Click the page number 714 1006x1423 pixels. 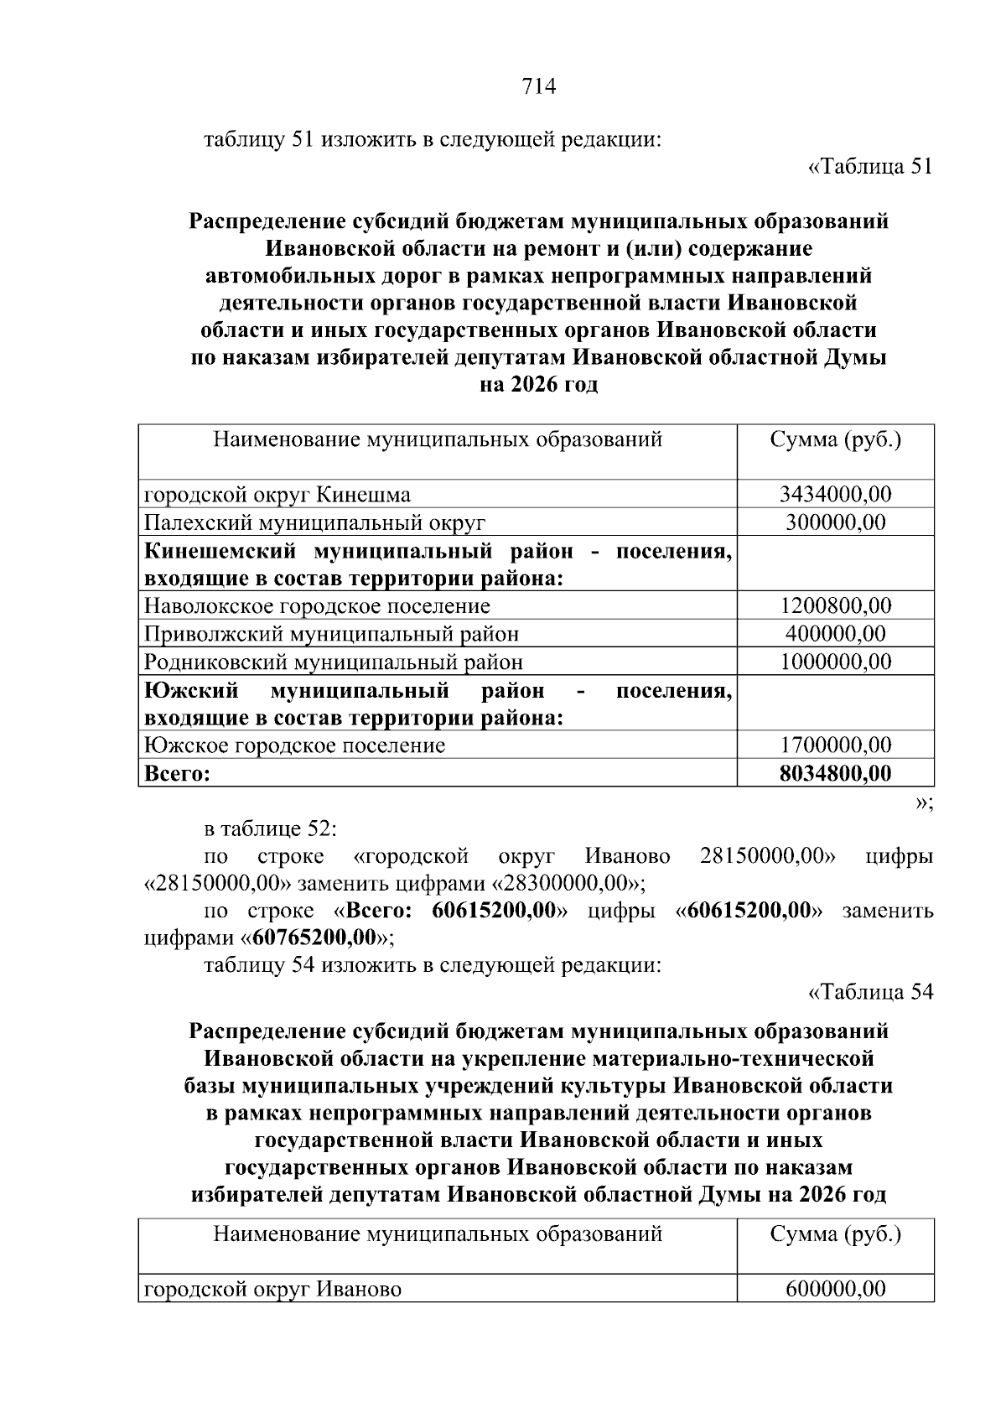(538, 86)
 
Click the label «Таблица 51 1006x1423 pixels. (869, 167)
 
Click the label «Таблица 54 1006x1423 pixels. (869, 993)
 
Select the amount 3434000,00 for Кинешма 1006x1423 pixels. (835, 494)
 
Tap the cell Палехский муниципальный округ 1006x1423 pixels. (315, 522)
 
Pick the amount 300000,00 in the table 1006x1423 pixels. (835, 522)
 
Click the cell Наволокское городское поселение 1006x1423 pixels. (317, 605)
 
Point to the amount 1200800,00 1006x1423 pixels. (835, 605)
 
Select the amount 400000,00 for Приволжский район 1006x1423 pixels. (835, 634)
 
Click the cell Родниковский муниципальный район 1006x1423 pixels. (334, 662)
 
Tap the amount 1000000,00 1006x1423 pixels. (835, 662)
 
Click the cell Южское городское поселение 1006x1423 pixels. (294, 745)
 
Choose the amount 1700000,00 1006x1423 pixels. (835, 745)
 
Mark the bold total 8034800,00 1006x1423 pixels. (835, 772)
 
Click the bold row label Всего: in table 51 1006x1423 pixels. (177, 773)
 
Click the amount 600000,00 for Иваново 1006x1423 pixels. (835, 1289)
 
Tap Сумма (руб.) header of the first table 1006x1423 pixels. (835, 439)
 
